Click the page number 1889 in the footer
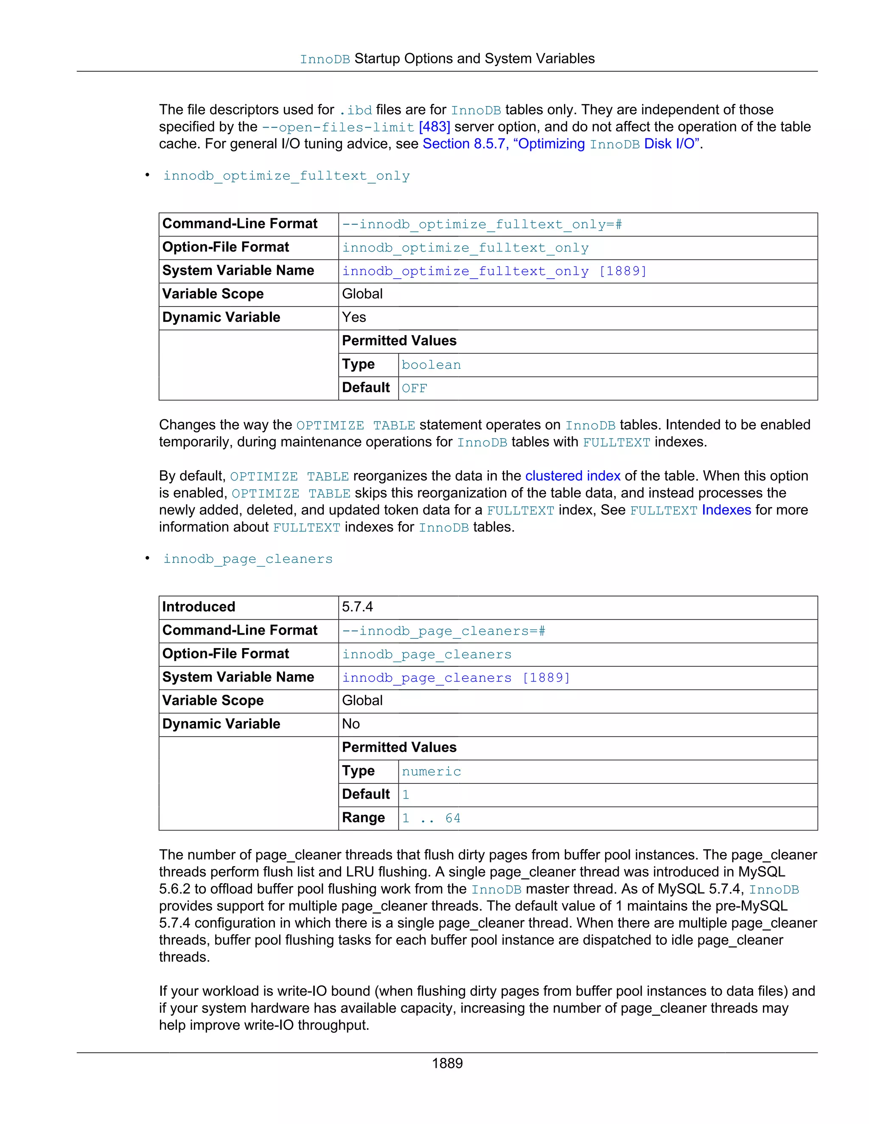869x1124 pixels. pyautogui.click(x=447, y=1063)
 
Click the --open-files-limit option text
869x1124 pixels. pyautogui.click(x=338, y=127)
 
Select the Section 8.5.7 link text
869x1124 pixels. pyautogui.click(x=464, y=144)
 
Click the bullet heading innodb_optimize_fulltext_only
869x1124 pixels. pyautogui.click(x=286, y=176)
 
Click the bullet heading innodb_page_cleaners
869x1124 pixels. pyautogui.click(x=248, y=559)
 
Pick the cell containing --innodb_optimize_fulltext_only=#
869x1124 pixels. pyautogui.click(x=482, y=224)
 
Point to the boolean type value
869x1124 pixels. pyautogui.click(x=431, y=365)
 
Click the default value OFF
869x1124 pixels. pyautogui.click(x=414, y=389)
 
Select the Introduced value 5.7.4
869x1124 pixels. pyautogui.click(x=357, y=607)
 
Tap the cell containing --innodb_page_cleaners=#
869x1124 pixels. pyautogui.click(x=443, y=631)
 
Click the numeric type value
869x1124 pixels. pyautogui.click(x=431, y=772)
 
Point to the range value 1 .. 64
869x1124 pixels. pyautogui.click(x=431, y=818)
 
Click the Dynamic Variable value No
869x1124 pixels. pyautogui.click(x=350, y=724)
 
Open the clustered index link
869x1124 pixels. pyautogui.click(x=572, y=476)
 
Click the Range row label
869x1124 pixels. pyautogui.click(x=363, y=818)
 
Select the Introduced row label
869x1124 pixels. pyautogui.click(x=198, y=607)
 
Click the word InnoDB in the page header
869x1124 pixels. pyautogui.click(x=325, y=60)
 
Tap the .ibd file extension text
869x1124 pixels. pyautogui.click(x=355, y=110)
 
